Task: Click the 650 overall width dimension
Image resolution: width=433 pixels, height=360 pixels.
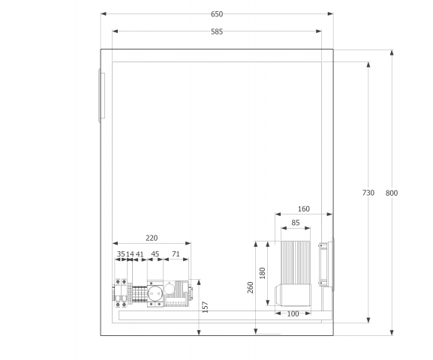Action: point(217,14)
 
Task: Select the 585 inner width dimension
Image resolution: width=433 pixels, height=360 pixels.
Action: point(217,31)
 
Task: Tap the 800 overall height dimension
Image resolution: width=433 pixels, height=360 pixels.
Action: point(392,193)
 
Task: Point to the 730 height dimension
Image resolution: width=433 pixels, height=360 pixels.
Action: point(368,193)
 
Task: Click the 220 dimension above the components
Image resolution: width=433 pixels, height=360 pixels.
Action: point(152,238)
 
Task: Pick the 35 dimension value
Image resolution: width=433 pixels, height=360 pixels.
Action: point(121,254)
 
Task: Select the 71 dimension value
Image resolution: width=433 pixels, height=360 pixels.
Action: point(176,254)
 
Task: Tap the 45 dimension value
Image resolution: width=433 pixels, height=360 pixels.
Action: point(155,254)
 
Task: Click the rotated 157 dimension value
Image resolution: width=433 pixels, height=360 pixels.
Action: point(205,307)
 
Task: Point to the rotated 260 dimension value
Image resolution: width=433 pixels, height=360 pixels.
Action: point(251,287)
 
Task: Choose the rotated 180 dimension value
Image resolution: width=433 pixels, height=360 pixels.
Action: point(263,273)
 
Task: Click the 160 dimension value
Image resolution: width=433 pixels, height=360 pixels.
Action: point(304,209)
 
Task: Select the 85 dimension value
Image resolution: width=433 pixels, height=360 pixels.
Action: point(296,223)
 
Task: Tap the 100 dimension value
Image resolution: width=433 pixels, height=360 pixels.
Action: point(293,314)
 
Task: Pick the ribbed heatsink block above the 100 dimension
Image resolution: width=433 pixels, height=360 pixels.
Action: point(296,262)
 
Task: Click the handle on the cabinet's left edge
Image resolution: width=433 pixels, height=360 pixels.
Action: point(101,95)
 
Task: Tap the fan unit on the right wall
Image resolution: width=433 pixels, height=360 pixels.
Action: point(326,264)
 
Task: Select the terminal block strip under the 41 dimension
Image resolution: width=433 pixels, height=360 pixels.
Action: point(140,295)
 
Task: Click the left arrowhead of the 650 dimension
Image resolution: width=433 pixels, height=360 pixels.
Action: point(104,13)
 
